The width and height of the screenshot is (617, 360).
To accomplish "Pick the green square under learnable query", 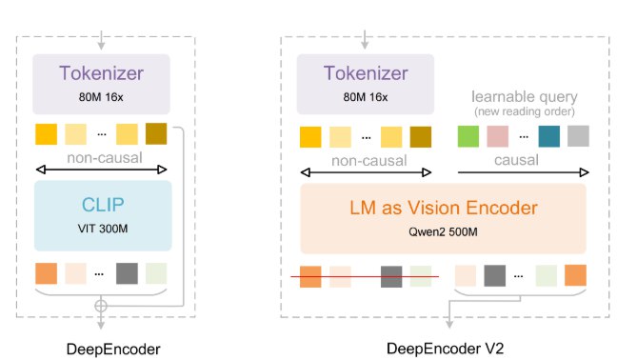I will tap(468, 136).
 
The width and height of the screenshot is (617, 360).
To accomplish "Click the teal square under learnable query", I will tap(548, 136).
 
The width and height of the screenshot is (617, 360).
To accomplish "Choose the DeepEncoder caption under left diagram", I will tap(100, 342).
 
